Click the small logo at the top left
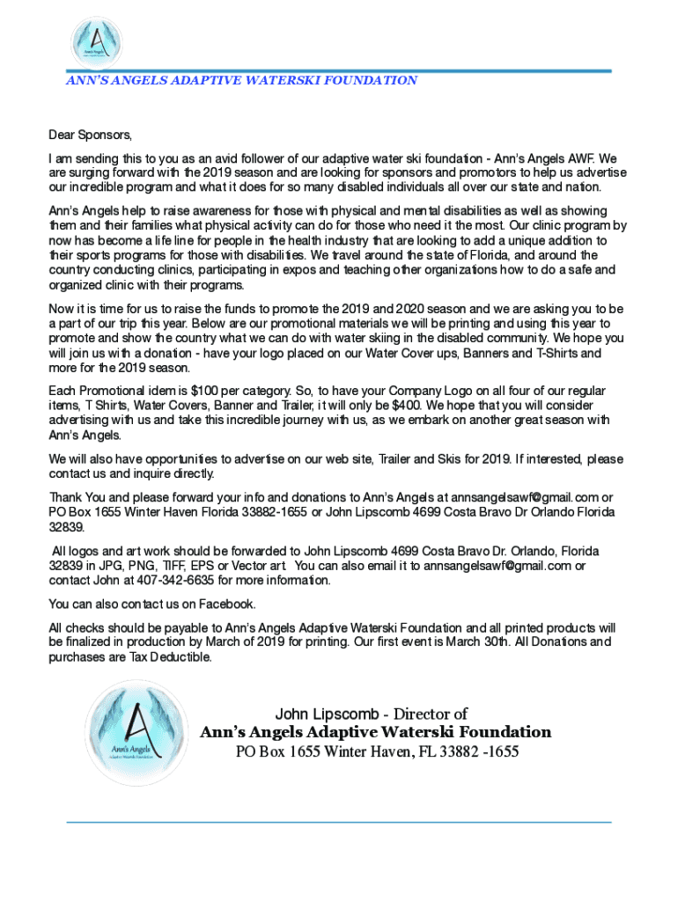click(95, 43)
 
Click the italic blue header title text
click(241, 80)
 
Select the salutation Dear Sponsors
click(90, 136)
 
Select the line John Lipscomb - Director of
click(371, 714)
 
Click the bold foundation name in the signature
click(376, 732)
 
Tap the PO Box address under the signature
click(376, 752)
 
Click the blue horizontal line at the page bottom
click(339, 823)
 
